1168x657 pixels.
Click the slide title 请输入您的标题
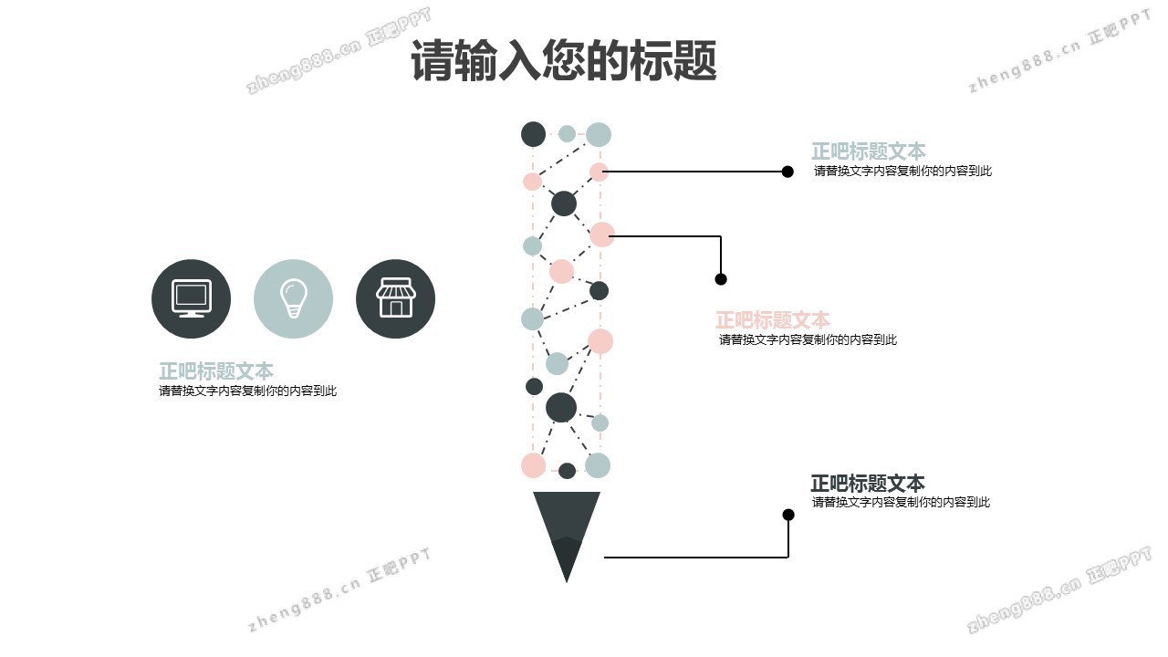[x=563, y=61]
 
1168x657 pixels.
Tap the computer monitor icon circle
[x=191, y=298]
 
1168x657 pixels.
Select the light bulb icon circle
[x=293, y=298]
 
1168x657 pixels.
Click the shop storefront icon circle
[x=395, y=298]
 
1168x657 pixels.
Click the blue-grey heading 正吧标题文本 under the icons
[x=216, y=371]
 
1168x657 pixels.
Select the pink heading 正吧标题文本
[x=772, y=320]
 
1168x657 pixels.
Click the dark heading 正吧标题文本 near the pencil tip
[x=867, y=484]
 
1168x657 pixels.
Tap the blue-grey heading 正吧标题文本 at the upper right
[x=868, y=151]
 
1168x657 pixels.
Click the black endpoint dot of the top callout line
[x=787, y=171]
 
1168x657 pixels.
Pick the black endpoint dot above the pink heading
[x=721, y=279]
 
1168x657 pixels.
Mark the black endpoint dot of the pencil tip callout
[x=788, y=515]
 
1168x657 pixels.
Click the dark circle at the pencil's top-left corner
[x=533, y=134]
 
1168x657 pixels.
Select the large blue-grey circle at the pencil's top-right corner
[x=599, y=134]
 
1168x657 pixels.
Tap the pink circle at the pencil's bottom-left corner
[x=533, y=465]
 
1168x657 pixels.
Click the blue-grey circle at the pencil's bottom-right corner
[x=598, y=465]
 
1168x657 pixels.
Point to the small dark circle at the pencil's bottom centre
[x=567, y=471]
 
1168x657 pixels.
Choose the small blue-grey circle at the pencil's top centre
[x=567, y=134]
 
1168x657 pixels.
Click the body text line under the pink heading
[x=808, y=339]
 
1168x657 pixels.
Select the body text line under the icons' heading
[x=247, y=391]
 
